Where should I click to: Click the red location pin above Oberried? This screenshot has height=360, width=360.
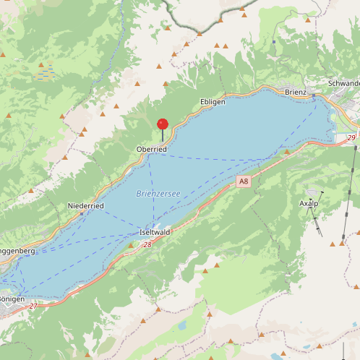tap(163, 125)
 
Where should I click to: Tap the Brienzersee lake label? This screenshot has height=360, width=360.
tap(158, 193)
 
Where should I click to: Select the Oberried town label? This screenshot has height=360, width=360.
tap(151, 149)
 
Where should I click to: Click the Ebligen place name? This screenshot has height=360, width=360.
tap(213, 102)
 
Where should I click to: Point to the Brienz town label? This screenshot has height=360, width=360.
tap(296, 92)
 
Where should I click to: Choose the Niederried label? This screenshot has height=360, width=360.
tap(86, 206)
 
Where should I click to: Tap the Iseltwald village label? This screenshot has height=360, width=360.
tap(154, 232)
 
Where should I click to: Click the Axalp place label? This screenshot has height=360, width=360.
tap(309, 204)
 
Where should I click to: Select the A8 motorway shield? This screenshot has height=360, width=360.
tap(244, 182)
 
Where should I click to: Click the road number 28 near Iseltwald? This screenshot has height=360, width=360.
tap(147, 245)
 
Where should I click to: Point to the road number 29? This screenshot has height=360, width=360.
tap(351, 137)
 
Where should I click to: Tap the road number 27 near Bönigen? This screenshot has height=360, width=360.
tap(33, 307)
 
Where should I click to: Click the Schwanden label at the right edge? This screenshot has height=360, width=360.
tap(344, 83)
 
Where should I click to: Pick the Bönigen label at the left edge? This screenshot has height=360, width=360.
tap(12, 299)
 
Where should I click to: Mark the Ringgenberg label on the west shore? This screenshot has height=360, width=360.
tap(16, 250)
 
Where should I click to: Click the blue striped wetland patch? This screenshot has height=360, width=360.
tap(45, 72)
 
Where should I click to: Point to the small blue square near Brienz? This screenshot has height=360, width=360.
tap(274, 42)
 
